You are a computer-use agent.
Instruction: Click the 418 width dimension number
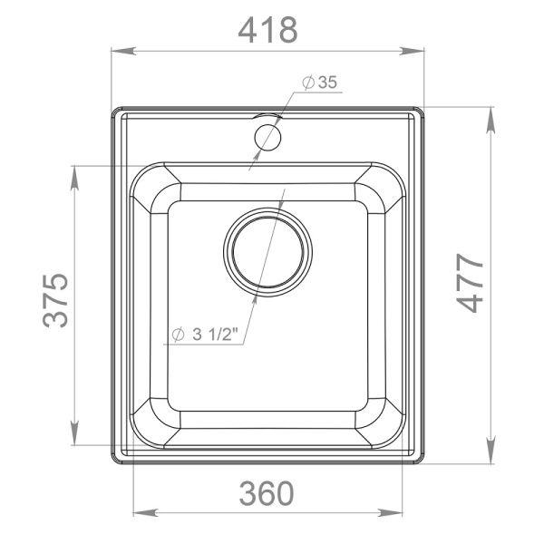[x=267, y=30]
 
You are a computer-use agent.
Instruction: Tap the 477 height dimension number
[x=470, y=283]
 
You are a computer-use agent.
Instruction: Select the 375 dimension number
[x=55, y=300]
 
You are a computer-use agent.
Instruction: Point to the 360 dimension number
[x=267, y=493]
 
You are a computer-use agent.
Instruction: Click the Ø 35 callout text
[x=319, y=83]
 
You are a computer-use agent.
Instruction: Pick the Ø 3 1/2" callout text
[x=206, y=335]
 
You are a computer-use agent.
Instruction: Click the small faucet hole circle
[x=267, y=137]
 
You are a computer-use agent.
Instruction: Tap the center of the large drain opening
[x=267, y=252]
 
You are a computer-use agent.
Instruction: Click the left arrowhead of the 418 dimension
[x=122, y=51]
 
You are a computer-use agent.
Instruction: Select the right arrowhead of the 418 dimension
[x=413, y=51]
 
